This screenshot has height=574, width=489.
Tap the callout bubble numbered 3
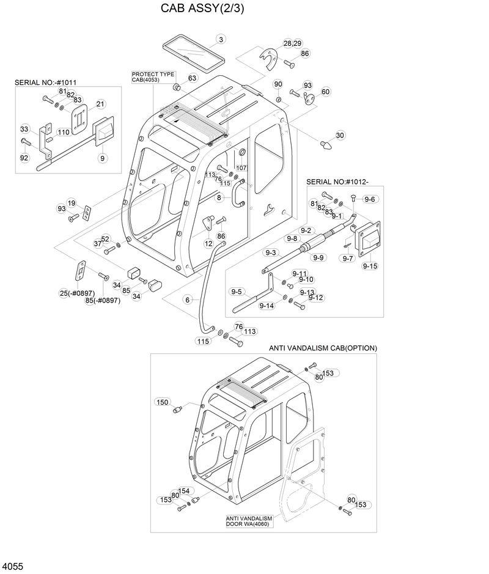click(x=219, y=40)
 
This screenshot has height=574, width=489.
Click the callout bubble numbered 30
click(x=340, y=135)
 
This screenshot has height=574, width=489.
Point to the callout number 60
click(x=325, y=92)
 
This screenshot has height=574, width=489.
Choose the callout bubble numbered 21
click(x=101, y=103)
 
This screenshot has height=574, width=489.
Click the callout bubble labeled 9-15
click(x=370, y=266)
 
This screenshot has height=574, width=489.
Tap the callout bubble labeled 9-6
click(x=370, y=199)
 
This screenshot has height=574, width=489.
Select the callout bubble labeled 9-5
click(x=237, y=292)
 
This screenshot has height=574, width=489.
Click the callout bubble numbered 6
click(x=188, y=300)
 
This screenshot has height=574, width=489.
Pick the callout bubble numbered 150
click(x=162, y=402)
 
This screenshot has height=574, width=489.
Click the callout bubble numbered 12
click(x=208, y=243)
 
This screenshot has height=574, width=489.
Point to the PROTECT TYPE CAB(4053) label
click(x=153, y=77)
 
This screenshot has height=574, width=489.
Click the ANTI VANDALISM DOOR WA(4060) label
click(x=249, y=521)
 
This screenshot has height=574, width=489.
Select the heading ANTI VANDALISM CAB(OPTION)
click(x=323, y=348)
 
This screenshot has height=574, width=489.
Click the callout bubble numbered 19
click(x=72, y=203)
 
